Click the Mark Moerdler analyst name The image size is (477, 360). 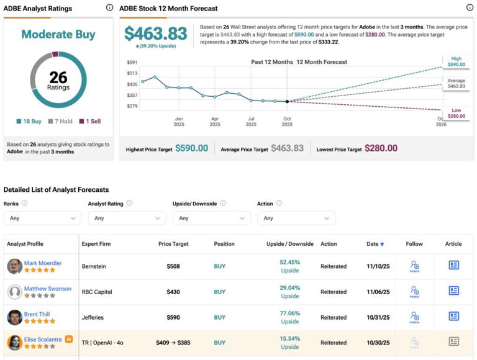[x=43, y=263]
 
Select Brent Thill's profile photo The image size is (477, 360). [x=15, y=317]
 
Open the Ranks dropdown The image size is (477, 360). [x=43, y=218]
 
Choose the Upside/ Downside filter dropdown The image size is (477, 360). [x=211, y=218]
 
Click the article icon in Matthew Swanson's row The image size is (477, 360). [x=453, y=290]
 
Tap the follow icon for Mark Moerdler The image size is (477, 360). [x=414, y=266]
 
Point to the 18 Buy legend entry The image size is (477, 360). [x=28, y=122]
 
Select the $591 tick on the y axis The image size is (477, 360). [x=132, y=62]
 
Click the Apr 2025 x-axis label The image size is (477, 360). [x=215, y=121]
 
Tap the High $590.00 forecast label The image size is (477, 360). [x=456, y=61]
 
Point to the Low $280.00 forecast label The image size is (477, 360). [x=456, y=113]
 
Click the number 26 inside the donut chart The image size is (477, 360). [x=58, y=76]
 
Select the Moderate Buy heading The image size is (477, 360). [x=58, y=34]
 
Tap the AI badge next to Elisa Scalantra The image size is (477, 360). [x=69, y=339]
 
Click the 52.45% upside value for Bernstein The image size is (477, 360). [x=289, y=262]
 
